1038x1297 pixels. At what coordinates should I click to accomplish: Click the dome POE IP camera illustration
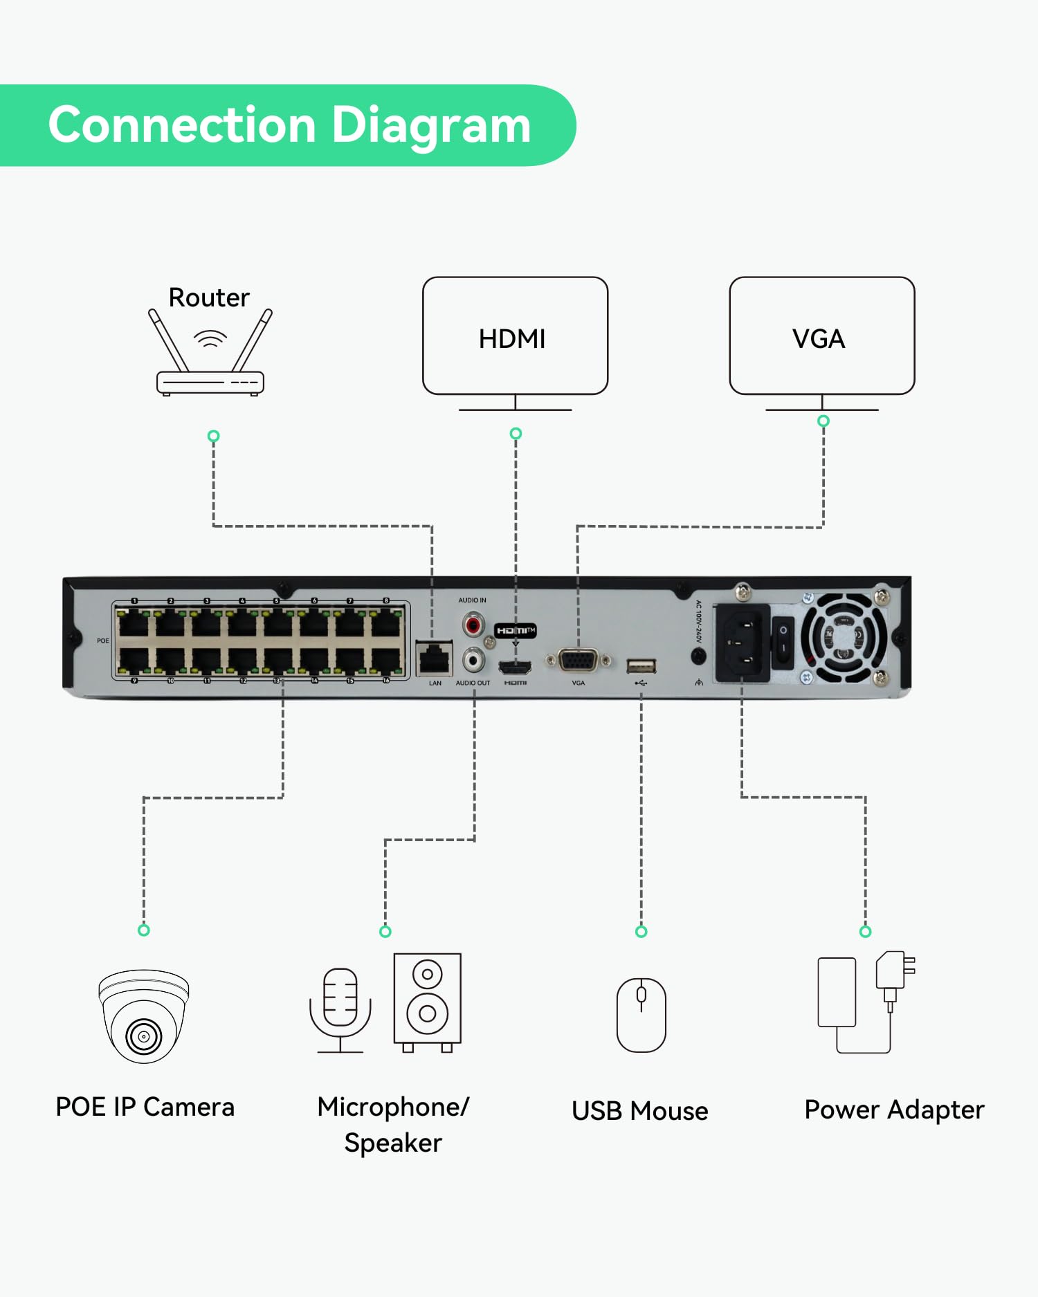[x=144, y=1015]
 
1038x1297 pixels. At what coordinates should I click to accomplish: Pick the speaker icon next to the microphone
[x=427, y=1002]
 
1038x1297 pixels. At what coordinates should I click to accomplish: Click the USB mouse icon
[x=641, y=1015]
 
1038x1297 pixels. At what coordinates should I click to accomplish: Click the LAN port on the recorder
[x=434, y=659]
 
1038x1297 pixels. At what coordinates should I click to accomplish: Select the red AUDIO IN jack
[x=473, y=627]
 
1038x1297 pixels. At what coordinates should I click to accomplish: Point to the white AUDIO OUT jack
[x=473, y=659]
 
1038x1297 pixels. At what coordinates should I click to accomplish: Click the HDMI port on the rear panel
[x=515, y=668]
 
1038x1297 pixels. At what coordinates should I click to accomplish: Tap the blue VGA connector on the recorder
[x=578, y=661]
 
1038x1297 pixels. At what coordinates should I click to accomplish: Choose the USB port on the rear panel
[x=641, y=666]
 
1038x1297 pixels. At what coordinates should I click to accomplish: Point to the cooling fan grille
[x=844, y=637]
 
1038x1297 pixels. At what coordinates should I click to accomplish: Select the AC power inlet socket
[x=741, y=643]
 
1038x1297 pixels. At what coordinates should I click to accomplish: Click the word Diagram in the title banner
[x=431, y=126]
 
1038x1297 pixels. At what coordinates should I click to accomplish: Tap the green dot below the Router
[x=213, y=436]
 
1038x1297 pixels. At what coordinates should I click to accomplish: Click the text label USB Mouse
[x=639, y=1111]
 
